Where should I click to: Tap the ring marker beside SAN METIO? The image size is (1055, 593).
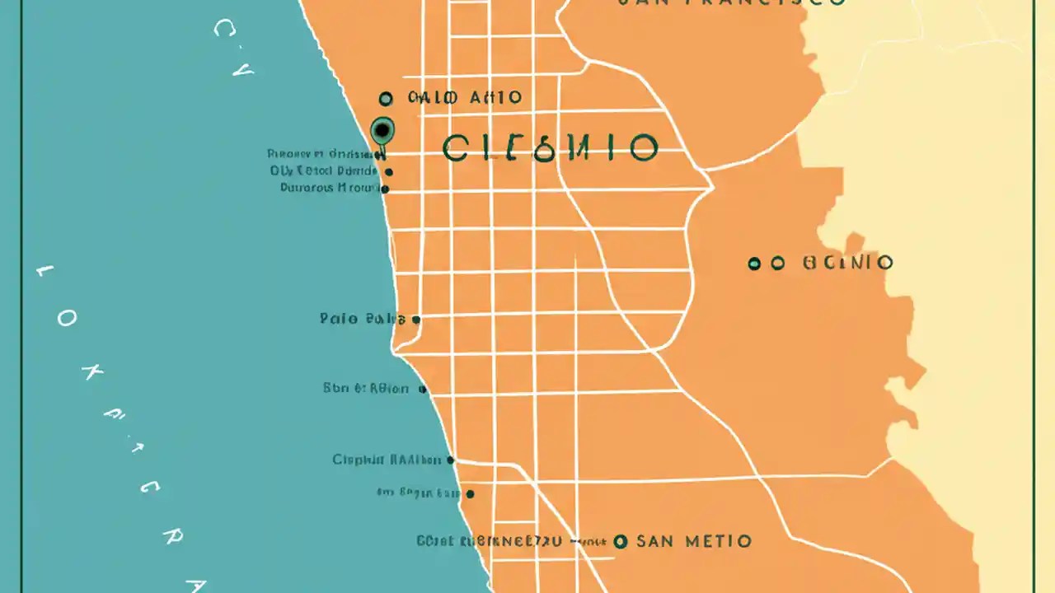point(621,541)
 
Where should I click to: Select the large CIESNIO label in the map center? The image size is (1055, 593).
point(550,148)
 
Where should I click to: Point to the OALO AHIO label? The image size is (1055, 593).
point(465,98)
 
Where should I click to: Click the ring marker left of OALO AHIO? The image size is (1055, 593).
point(386,99)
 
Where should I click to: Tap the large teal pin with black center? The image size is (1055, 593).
point(382,130)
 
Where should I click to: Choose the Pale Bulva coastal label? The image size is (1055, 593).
point(362,319)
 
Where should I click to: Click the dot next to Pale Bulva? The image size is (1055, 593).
point(416,320)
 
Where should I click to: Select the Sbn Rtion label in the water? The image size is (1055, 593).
point(365,389)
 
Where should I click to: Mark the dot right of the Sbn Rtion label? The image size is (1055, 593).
point(423,390)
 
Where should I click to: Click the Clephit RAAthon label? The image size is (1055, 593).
point(386,460)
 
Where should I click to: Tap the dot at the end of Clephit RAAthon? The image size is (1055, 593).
point(450,460)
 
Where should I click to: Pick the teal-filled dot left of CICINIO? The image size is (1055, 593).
point(753,264)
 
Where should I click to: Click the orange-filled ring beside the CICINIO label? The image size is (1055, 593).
point(777,264)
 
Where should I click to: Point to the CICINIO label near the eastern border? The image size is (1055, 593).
point(847,264)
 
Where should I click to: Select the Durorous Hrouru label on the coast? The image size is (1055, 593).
point(329,188)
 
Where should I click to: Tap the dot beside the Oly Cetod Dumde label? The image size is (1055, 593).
point(389,172)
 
